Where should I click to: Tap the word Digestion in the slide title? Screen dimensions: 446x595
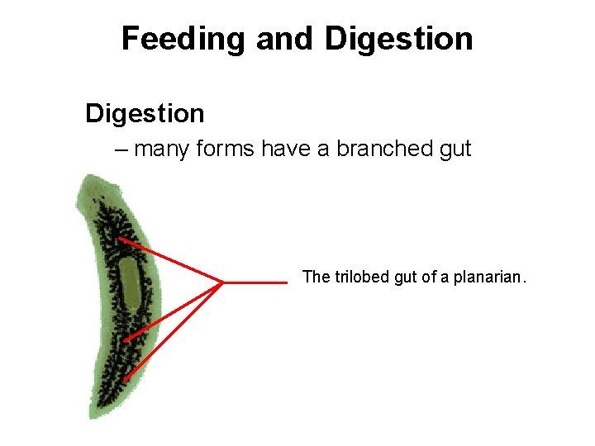399,39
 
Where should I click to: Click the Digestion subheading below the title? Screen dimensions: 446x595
145,113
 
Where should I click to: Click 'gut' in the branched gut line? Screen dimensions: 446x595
455,149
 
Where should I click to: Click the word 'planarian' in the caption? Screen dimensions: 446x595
487,277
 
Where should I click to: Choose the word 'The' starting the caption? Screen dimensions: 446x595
316,277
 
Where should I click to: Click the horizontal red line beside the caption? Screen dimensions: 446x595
256,282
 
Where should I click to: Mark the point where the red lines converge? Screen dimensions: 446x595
222,282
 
